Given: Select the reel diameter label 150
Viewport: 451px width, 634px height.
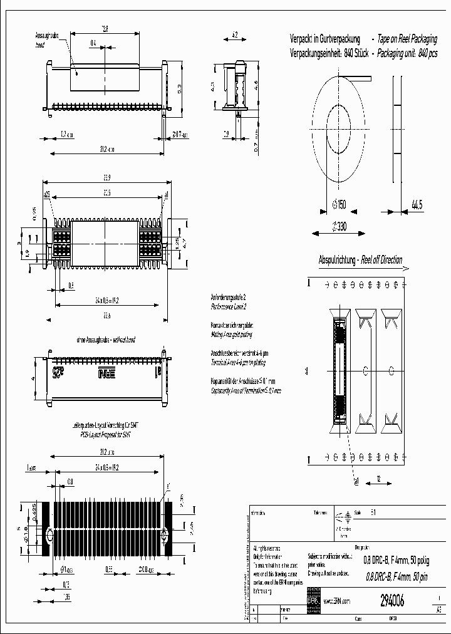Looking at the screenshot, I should [342, 204].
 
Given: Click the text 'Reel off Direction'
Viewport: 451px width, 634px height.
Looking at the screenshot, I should [381, 260].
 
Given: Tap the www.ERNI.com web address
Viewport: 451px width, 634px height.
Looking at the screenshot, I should [336, 601].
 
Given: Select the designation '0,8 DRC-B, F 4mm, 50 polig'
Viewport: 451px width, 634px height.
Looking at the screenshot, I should [395, 561].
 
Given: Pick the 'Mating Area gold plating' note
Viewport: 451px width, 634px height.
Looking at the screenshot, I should [232, 335].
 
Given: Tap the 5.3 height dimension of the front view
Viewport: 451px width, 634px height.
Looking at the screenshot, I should [180, 88].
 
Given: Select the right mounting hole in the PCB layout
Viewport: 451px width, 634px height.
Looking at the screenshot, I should [165, 537].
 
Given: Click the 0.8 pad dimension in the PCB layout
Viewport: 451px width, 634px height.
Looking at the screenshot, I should [70, 481].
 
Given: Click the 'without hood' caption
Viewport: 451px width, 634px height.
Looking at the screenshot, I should [123, 340].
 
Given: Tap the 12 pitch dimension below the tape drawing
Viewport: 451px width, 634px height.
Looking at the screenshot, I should [379, 479].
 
